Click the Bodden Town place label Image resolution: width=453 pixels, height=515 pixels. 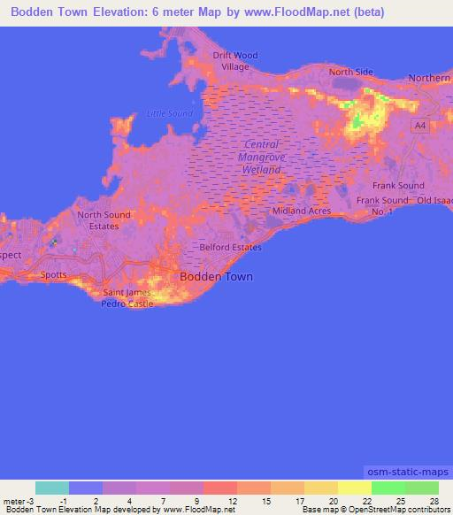coord(216,276)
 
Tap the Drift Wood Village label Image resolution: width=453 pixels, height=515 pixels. coord(235,60)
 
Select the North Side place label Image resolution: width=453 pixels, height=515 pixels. coord(351,72)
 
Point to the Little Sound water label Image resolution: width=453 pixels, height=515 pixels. coord(169,113)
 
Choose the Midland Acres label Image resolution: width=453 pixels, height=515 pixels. coord(302,211)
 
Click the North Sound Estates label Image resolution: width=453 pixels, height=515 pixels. coord(104,220)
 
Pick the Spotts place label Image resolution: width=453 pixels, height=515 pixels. coord(54,275)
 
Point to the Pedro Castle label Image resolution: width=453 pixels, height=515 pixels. coord(128,304)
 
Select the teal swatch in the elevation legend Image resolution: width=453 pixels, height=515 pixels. coord(52,488)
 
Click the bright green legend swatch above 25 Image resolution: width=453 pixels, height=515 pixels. coord(388,488)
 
